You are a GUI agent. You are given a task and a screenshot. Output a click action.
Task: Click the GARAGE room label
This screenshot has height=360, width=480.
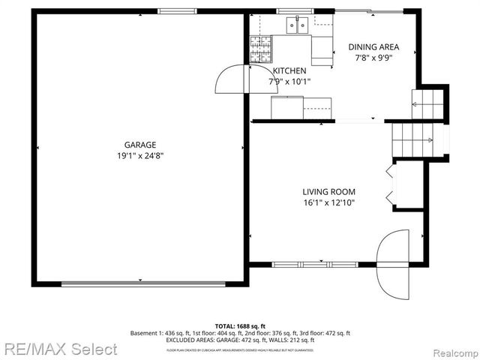[140, 145]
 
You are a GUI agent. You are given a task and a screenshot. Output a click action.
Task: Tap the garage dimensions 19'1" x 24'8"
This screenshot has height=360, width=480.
[140, 156]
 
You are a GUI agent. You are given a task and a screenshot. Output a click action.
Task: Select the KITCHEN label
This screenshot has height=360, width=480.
[289, 71]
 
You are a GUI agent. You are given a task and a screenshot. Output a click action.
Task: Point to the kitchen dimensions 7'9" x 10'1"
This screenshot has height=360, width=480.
[289, 82]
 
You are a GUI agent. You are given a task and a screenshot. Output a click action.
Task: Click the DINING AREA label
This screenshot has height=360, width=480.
[373, 46]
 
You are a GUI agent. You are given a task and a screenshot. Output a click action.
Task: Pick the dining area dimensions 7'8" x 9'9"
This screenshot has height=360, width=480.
[373, 57]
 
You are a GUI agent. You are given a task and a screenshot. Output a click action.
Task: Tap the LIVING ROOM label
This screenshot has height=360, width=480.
[328, 191]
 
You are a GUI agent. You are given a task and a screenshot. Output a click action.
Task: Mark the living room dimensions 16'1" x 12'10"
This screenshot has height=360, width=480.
[328, 202]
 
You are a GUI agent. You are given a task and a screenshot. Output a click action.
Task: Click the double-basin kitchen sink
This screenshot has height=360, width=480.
[297, 26]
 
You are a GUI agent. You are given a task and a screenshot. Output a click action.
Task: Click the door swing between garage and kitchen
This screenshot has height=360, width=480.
[232, 79]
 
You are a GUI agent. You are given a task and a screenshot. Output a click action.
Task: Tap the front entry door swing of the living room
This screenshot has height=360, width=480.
[393, 265]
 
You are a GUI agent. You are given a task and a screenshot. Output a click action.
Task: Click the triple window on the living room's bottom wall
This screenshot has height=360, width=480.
[304, 264]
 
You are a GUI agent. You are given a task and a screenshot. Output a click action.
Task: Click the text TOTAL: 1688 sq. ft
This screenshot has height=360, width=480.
[240, 326]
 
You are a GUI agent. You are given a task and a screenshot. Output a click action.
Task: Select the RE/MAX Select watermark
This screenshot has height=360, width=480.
[60, 349]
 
